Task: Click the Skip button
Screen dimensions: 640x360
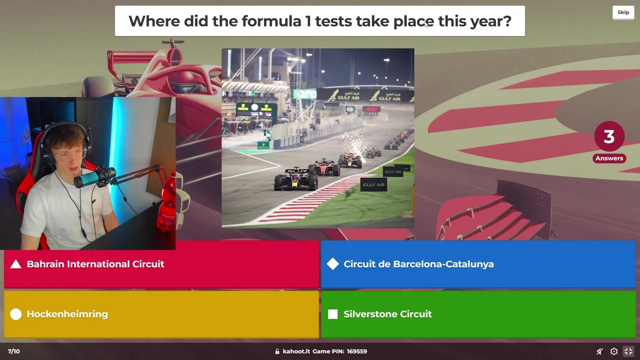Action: coord(623,12)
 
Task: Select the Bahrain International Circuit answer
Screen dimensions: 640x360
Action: coord(161,264)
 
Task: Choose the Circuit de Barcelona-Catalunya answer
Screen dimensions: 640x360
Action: coord(478,264)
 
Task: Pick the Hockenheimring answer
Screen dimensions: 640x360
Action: coord(161,314)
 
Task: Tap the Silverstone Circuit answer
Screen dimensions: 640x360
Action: coord(478,314)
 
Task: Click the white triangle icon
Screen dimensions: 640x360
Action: coord(15,264)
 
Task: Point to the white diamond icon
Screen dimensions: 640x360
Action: coord(333,264)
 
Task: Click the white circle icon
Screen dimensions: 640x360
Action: coord(15,314)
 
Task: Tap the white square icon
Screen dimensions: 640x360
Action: coord(333,314)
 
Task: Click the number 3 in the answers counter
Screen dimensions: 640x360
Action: coord(609,136)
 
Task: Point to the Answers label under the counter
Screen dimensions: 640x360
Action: coord(609,158)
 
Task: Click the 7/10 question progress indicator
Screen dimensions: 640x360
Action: coord(13,351)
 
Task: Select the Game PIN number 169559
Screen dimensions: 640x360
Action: coord(357,351)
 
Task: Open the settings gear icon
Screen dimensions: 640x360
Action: coord(614,351)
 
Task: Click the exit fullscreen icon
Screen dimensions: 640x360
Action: coord(628,351)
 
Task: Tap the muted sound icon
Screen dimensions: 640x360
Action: coord(599,351)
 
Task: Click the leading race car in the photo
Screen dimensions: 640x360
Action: coord(295,179)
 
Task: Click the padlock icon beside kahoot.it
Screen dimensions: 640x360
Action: coord(277,351)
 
